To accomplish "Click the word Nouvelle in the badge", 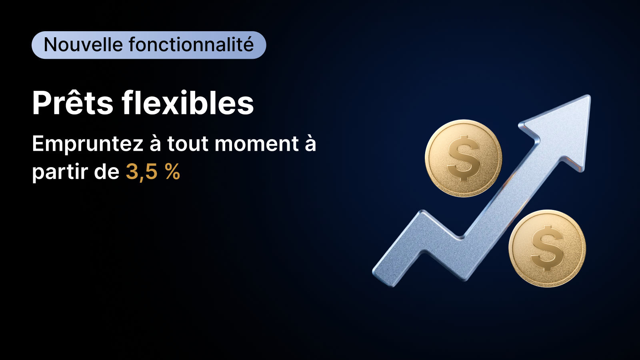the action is (83, 44).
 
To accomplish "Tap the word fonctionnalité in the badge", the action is (191, 44).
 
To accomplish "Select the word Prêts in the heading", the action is (72, 102).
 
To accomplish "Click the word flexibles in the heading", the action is (188, 102).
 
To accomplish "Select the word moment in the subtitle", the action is (256, 144).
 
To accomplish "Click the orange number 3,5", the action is (142, 172).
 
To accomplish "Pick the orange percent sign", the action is (172, 172).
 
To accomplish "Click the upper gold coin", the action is (463, 158).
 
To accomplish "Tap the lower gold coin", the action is (547, 248).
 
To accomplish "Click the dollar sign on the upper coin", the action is (463, 158).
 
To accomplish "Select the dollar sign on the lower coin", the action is (547, 248).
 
